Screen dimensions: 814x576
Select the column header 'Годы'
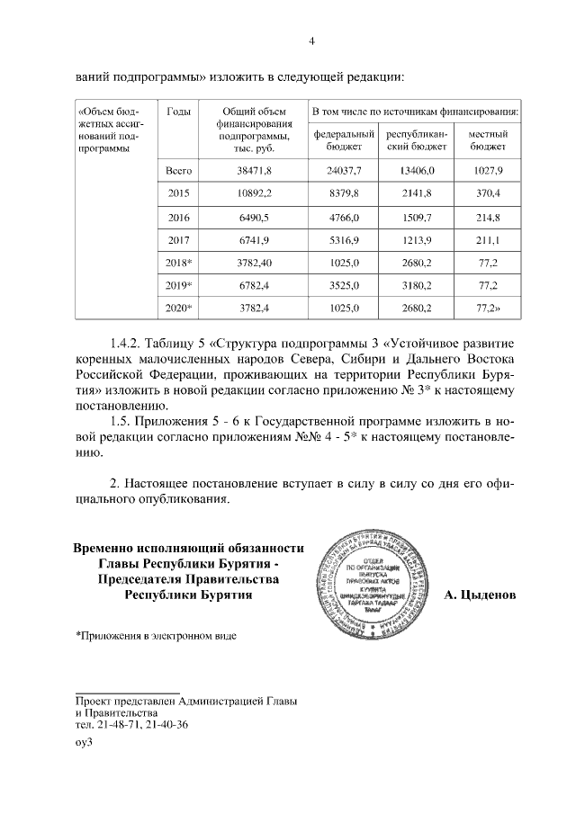point(178,111)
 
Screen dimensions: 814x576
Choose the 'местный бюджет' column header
point(487,140)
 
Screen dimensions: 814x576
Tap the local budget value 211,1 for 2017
point(487,239)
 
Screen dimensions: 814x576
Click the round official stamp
point(375,577)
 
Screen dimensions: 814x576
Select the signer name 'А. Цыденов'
point(480,595)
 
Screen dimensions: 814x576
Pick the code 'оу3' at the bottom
point(85,743)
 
